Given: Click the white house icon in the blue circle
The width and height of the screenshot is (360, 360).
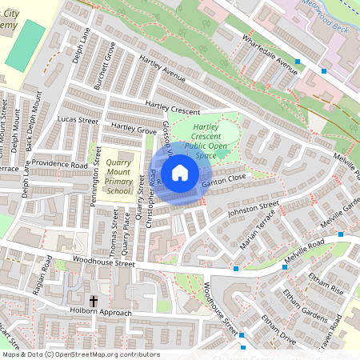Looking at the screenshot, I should [x=180, y=172].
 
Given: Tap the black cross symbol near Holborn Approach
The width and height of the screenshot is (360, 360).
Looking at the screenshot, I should [x=94, y=302].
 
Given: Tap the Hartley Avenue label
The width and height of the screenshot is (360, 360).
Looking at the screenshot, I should [x=162, y=70].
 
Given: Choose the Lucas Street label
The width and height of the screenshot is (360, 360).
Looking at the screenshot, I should [x=78, y=120].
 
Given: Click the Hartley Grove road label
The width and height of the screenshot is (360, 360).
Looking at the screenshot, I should [x=134, y=128].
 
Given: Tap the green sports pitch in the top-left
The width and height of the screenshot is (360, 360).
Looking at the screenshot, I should [x=25, y=43].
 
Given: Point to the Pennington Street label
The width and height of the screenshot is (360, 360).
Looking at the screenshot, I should [x=93, y=183].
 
